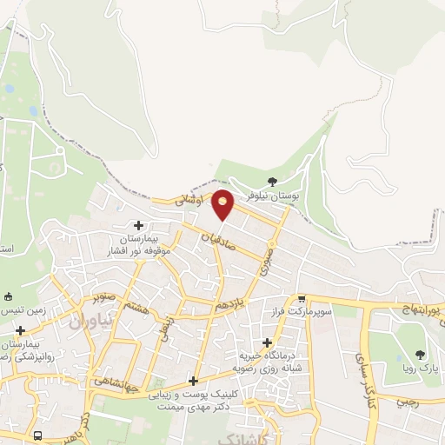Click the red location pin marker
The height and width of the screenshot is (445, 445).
click(x=223, y=204)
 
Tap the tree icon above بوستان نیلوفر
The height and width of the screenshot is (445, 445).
click(x=272, y=183)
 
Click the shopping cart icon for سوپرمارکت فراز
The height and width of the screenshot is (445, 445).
click(x=302, y=298)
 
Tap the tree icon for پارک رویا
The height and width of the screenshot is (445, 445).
click(x=421, y=354)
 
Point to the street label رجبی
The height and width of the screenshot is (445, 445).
click(x=407, y=402)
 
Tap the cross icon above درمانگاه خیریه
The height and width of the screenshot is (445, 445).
click(x=267, y=342)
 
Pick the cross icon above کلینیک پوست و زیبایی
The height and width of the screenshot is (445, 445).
click(x=193, y=381)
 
